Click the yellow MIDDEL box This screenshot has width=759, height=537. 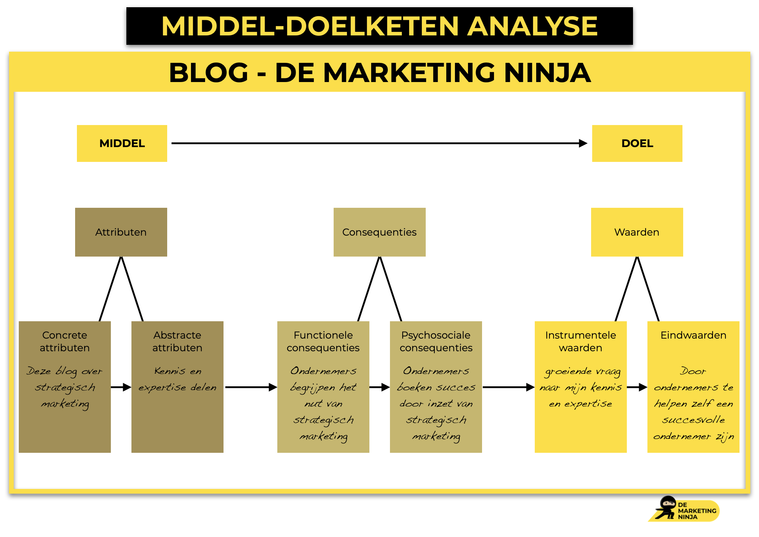(122, 143)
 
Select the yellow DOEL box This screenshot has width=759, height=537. (637, 143)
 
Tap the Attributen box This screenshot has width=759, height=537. (121, 232)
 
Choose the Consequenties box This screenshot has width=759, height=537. (379, 232)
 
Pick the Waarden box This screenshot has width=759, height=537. (637, 232)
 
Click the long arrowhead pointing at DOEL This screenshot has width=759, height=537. (583, 143)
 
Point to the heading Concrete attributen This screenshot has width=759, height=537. (65, 341)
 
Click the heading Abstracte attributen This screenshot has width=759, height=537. (177, 341)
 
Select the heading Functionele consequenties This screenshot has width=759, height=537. (323, 341)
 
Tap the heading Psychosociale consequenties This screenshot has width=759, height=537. (436, 341)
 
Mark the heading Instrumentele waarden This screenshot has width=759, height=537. (581, 341)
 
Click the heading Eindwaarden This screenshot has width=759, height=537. (693, 335)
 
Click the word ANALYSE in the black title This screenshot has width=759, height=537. (532, 26)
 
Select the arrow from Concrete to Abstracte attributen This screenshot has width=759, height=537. (121, 387)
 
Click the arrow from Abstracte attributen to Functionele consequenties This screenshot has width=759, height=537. (251, 387)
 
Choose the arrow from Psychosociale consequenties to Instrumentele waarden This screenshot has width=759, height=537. (508, 387)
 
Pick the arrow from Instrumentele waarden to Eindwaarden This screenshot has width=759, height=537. (637, 387)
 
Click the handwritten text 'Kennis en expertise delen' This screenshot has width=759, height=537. (177, 379)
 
